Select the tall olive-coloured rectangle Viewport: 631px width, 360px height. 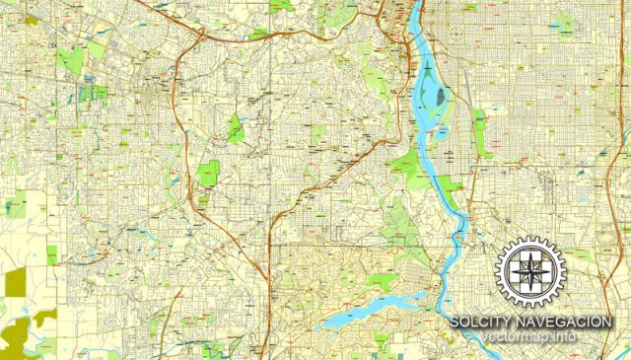15,283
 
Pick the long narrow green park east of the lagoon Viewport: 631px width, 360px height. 481,133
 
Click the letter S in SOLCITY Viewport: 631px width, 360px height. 455,323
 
